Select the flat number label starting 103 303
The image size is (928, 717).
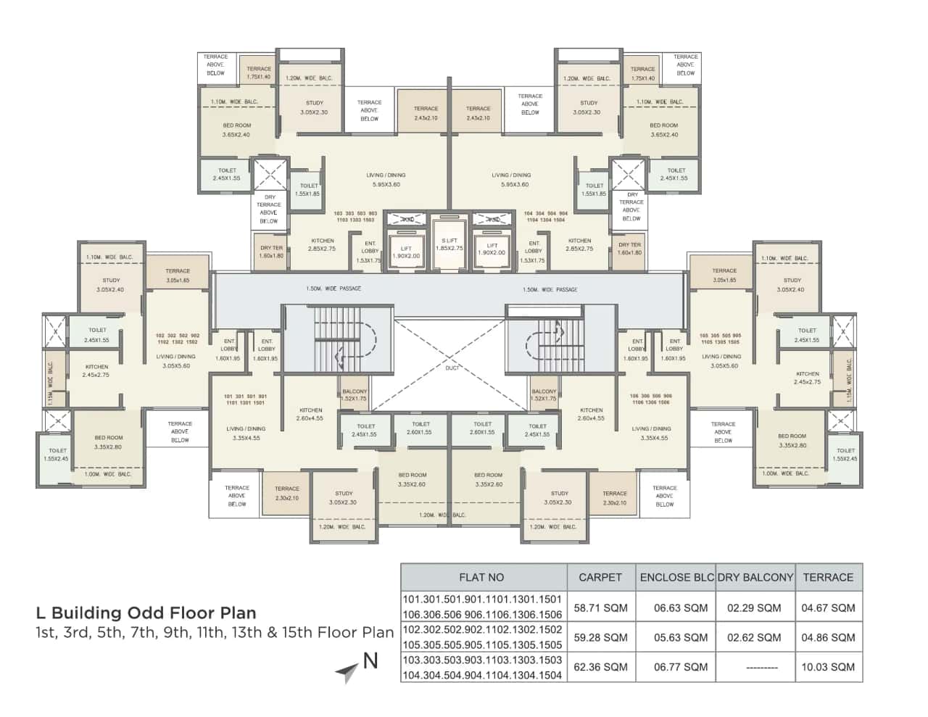pyautogui.click(x=355, y=217)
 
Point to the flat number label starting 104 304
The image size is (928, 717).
pyautogui.click(x=546, y=217)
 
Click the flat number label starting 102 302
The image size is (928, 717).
pyautogui.click(x=177, y=339)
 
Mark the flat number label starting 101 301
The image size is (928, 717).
pyautogui.click(x=245, y=399)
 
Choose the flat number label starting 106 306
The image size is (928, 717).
pyautogui.click(x=650, y=399)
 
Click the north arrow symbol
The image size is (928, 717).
pyautogui.click(x=347, y=672)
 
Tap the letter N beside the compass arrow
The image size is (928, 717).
pyautogui.click(x=370, y=660)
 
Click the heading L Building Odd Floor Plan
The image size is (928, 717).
pyautogui.click(x=146, y=613)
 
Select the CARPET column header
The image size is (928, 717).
pyautogui.click(x=600, y=577)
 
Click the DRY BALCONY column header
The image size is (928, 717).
pyautogui.click(x=755, y=577)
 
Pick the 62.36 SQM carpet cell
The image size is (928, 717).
pyautogui.click(x=600, y=667)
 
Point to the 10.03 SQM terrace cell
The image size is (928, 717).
pyautogui.click(x=828, y=667)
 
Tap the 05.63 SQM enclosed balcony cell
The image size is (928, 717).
pyautogui.click(x=681, y=637)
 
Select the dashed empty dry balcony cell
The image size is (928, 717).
pyautogui.click(x=755, y=667)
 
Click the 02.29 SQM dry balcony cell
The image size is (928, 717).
pyautogui.click(x=754, y=608)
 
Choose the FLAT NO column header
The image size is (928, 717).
pyautogui.click(x=481, y=577)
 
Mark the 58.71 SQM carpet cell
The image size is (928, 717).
pyautogui.click(x=600, y=608)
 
